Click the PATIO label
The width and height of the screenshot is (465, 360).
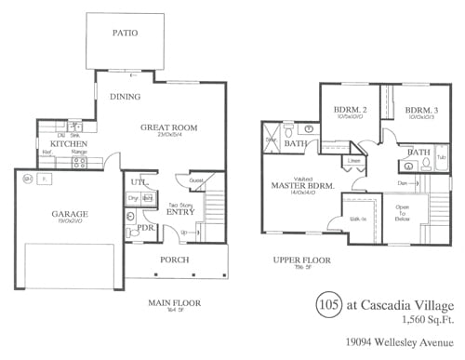(126, 33)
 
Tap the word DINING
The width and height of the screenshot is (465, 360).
(126, 97)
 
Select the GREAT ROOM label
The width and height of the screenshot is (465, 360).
(169, 127)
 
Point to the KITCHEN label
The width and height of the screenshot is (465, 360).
(68, 144)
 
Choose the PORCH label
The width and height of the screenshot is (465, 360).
(174, 260)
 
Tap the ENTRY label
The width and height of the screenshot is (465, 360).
(179, 212)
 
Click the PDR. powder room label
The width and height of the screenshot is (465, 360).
(145, 227)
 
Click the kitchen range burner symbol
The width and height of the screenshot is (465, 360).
(79, 162)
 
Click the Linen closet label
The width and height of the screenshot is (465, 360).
(354, 161)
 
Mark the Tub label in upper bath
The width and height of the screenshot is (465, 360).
(440, 158)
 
